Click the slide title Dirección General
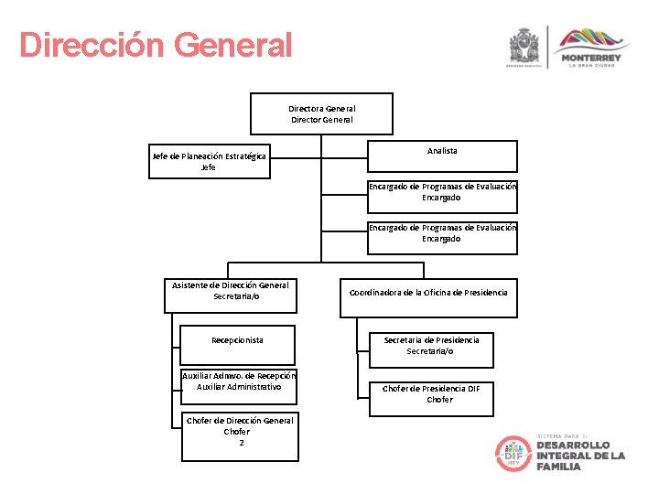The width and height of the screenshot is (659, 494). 156,45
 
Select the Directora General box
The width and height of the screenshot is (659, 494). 321,113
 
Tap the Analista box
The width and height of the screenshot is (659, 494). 442,155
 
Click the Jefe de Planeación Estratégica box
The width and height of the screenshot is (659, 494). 209,161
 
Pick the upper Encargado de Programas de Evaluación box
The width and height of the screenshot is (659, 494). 442,192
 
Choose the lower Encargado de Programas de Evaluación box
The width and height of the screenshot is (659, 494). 442,233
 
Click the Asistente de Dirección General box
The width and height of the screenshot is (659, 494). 230,291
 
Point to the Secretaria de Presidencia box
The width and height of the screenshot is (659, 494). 430,346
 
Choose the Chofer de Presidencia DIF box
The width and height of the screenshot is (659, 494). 430,394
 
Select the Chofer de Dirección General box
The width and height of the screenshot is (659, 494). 238,432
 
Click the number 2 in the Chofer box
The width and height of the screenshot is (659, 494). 241,444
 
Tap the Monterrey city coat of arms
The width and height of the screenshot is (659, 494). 524,45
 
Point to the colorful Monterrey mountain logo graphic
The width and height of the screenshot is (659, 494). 594,38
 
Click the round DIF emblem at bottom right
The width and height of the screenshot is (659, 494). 513,454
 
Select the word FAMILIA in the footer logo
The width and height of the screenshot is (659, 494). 558,467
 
